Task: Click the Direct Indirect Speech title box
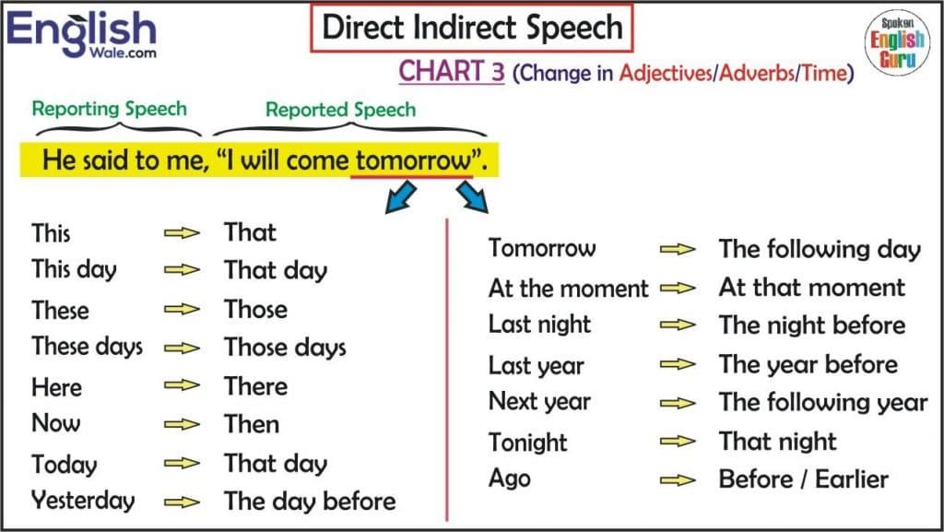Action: (x=471, y=28)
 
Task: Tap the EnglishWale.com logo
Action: (x=82, y=34)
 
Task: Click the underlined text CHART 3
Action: (x=452, y=72)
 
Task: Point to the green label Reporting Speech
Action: (x=109, y=108)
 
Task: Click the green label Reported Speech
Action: (x=340, y=110)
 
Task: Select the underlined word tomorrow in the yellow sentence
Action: (x=412, y=161)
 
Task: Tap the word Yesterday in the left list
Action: (x=83, y=501)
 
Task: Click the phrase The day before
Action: (x=310, y=502)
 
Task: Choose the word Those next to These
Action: (x=255, y=310)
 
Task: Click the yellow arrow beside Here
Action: (x=182, y=387)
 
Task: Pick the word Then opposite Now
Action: (x=252, y=424)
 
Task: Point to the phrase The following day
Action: (x=820, y=249)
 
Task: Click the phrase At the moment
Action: (x=568, y=289)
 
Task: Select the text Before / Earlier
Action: (x=803, y=479)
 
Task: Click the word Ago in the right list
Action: (x=510, y=479)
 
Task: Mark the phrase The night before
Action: (x=811, y=325)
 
